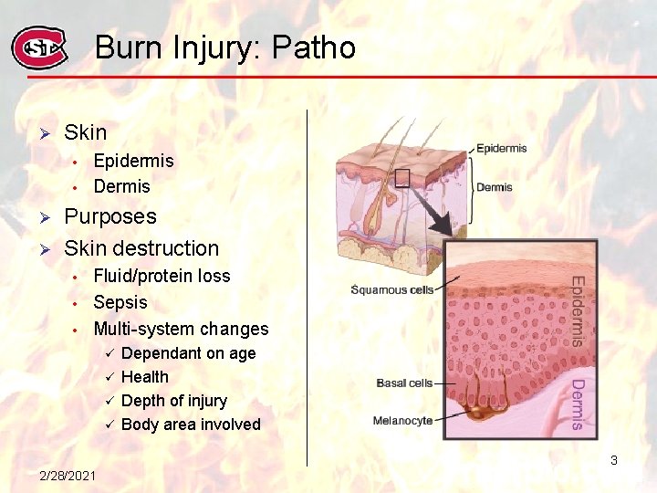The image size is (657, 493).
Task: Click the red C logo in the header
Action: pos(38,47)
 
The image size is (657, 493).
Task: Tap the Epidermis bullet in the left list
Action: pos(133,161)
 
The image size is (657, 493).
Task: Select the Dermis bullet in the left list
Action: pos(121,186)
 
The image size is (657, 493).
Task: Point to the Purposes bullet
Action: pos(110,217)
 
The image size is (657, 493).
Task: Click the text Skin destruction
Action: pos(141,248)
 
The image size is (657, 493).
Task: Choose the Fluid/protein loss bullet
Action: pos(162,276)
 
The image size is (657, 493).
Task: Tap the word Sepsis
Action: pos(120,302)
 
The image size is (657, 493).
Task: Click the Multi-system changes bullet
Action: pos(181,329)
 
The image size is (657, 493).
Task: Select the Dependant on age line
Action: pos(188,353)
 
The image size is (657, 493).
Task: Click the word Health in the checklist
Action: pos(145,377)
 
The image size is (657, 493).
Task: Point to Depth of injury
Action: pos(173,401)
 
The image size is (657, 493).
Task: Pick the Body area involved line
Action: pos(191,425)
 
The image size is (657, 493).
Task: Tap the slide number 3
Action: pos(614,460)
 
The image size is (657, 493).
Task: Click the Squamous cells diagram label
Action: pos(392,290)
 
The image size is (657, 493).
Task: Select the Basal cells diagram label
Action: pos(404,383)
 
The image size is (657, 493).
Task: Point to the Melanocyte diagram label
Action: pos(402,421)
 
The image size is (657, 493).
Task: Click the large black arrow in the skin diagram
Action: pos(431,213)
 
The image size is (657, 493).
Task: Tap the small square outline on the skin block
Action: pos(401,178)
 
